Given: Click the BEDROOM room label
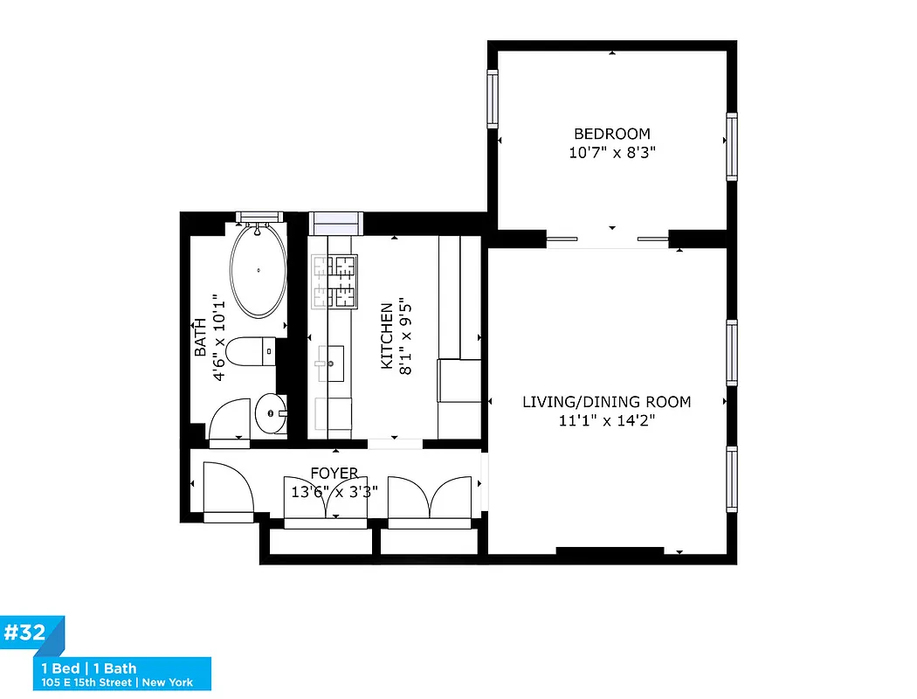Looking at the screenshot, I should (x=611, y=134).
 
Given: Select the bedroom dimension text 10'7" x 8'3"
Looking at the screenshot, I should (x=611, y=153).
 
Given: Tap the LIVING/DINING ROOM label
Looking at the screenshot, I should (x=606, y=402).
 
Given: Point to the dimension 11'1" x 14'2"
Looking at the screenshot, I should (x=606, y=420).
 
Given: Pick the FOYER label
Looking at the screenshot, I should (x=334, y=474).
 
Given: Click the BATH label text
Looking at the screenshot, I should (x=200, y=336).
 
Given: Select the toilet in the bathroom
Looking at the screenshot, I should (x=251, y=352).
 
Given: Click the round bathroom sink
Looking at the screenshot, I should (x=272, y=413).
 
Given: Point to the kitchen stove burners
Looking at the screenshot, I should (x=335, y=280).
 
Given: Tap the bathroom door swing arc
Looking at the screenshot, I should (x=230, y=419).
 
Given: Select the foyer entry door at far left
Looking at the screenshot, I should (x=226, y=488).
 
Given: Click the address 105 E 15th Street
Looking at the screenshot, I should (x=86, y=682).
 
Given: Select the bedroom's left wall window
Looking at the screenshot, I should (x=493, y=100).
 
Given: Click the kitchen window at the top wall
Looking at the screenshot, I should (x=336, y=219).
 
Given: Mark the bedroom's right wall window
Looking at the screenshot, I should (x=732, y=148).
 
